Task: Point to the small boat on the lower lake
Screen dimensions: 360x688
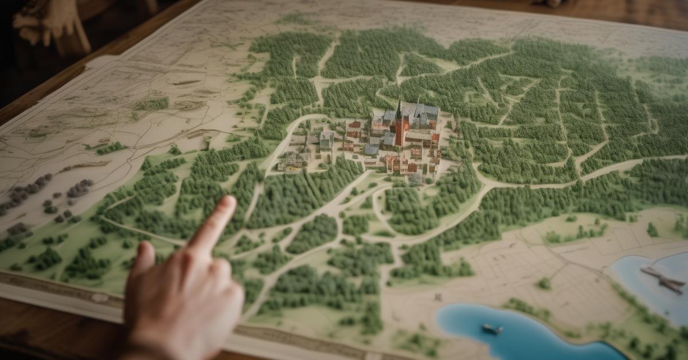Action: point(492,329)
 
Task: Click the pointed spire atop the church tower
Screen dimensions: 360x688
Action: point(399,106)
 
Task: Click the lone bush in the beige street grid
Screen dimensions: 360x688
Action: point(544,283)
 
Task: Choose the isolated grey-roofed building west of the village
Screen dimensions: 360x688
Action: point(326,139)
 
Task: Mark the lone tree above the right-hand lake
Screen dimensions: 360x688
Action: point(652,230)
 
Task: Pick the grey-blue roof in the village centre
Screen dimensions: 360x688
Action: point(371,150)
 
